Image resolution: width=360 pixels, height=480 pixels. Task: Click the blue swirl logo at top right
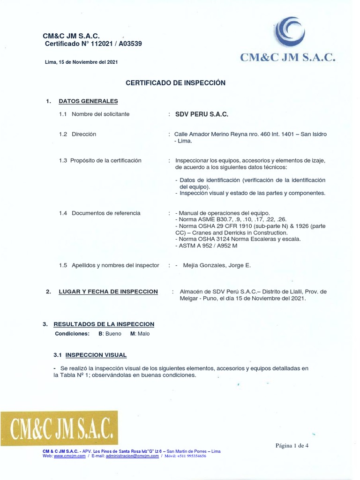[290, 32]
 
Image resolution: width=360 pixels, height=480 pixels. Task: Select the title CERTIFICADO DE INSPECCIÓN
[176, 83]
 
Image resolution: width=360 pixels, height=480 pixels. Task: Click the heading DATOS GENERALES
[88, 101]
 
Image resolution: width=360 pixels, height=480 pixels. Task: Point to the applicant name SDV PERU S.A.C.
[202, 114]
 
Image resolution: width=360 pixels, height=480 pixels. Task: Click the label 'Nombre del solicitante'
[100, 114]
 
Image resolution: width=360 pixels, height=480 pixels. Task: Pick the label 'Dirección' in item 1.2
[84, 134]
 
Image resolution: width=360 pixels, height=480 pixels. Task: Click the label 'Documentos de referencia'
[106, 213]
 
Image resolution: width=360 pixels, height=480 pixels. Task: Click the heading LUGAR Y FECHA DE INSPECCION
[108, 292]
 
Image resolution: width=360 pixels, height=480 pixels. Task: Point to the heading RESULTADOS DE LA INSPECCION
[104, 324]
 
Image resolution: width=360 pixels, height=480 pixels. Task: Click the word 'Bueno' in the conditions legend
[113, 334]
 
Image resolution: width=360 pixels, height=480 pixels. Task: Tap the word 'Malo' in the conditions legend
[143, 334]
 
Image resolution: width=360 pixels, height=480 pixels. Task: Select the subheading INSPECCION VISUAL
[96, 355]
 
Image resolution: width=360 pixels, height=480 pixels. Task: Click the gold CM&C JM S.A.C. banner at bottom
[59, 428]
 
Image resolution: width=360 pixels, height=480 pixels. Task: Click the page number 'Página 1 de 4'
[292, 446]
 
